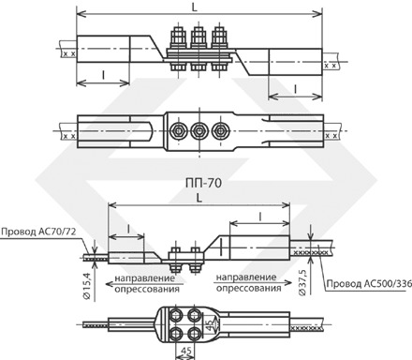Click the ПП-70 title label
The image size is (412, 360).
tap(203, 183)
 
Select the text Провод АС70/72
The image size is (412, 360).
tap(38, 232)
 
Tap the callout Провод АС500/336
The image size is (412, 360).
tap(369, 284)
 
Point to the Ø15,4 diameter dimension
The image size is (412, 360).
tap(87, 286)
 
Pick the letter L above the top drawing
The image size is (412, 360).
tap(195, 7)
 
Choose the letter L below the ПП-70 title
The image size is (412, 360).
tap(199, 198)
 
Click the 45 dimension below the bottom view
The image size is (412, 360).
tap(186, 351)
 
